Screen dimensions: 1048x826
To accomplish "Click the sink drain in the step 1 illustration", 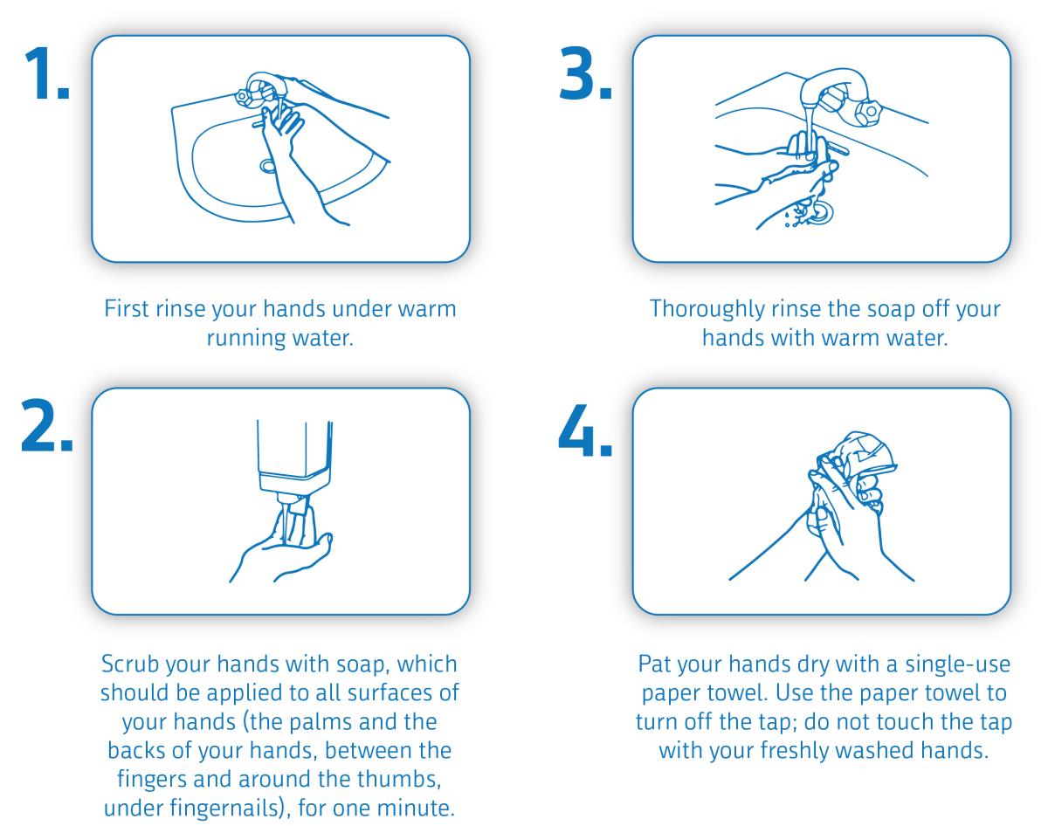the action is pyautogui.click(x=267, y=166).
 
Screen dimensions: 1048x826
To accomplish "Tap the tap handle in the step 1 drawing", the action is pyautogui.click(x=242, y=96).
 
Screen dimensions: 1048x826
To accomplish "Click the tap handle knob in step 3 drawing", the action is pyautogui.click(x=868, y=113).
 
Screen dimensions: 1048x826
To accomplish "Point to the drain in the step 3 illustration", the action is pyautogui.click(x=821, y=213).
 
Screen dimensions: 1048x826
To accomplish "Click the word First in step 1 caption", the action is pyautogui.click(x=126, y=309).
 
